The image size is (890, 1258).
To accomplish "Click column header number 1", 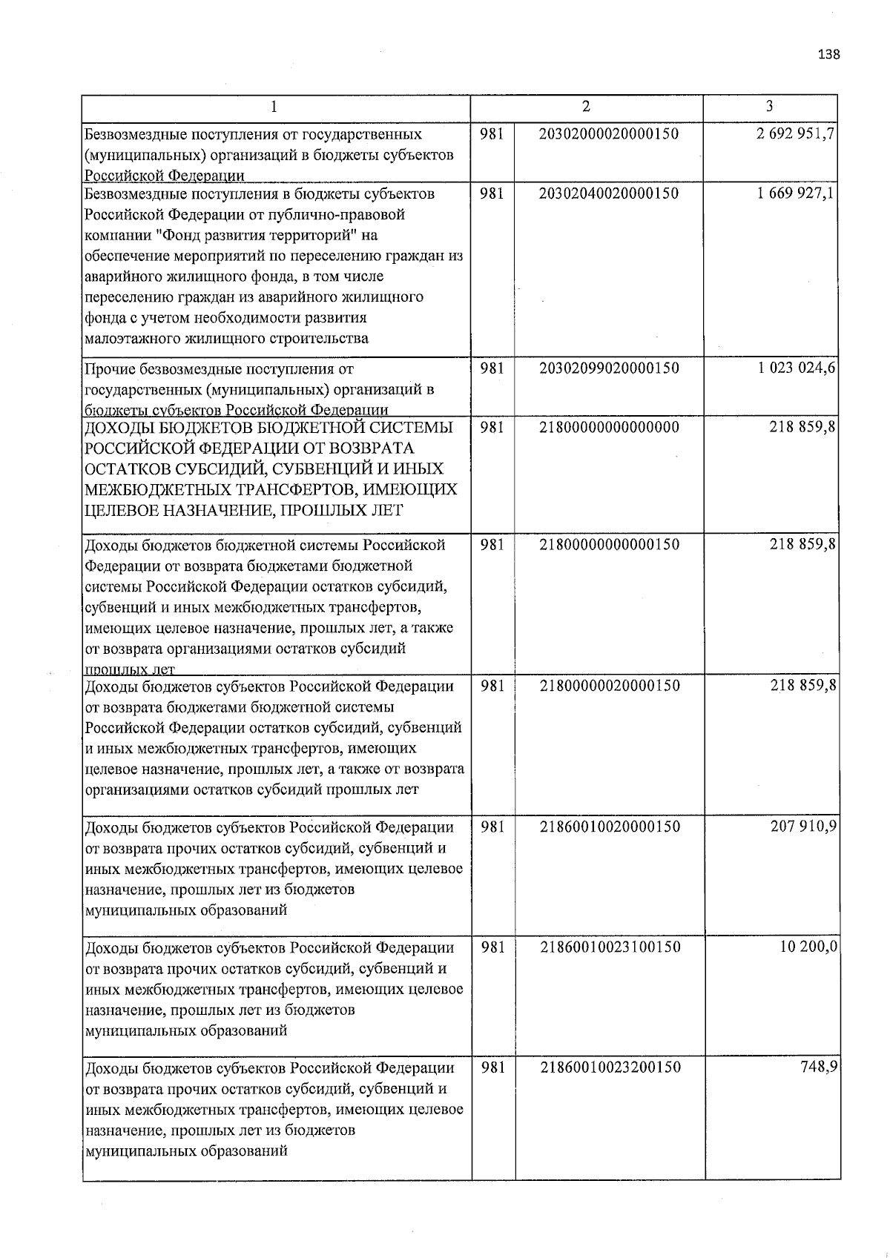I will pyautogui.click(x=274, y=107).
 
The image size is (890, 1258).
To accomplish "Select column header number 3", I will pyautogui.click(x=770, y=107).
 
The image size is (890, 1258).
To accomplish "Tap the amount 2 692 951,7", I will pyautogui.click(x=796, y=134).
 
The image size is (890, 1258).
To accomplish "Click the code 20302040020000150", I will pyautogui.click(x=609, y=193).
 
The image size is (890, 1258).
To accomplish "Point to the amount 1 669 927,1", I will pyautogui.click(x=796, y=193).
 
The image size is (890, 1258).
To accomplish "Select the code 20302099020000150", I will pyautogui.click(x=609, y=368).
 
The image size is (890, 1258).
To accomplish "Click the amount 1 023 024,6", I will pyautogui.click(x=796, y=368).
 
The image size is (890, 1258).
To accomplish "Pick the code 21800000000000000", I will pyautogui.click(x=609, y=428).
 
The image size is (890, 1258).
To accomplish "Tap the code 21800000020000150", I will pyautogui.click(x=609, y=686).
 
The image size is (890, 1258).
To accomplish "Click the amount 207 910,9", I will pyautogui.click(x=805, y=827).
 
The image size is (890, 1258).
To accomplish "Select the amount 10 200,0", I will pyautogui.click(x=808, y=947).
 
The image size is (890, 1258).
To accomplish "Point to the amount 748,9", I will pyautogui.click(x=820, y=1067).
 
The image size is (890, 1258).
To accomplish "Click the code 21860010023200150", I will pyautogui.click(x=610, y=1067).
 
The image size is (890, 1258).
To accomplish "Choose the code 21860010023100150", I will pyautogui.click(x=610, y=947).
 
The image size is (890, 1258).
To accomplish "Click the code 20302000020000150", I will pyautogui.click(x=609, y=134).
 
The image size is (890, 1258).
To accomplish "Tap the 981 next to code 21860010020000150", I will pyautogui.click(x=493, y=827).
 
